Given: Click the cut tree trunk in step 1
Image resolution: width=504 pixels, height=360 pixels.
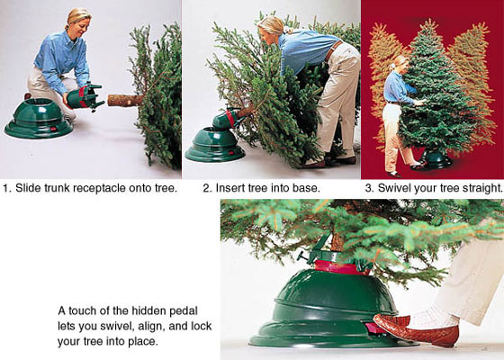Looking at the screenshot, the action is coord(125,100).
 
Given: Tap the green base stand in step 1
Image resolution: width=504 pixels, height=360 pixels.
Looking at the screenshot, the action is coord(39,118).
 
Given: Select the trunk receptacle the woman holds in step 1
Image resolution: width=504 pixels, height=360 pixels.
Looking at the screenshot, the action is coord(85,96).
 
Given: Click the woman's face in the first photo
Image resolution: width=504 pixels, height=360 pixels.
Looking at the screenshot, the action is coord(82,25).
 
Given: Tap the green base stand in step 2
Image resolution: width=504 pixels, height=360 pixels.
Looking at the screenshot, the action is coord(215,145).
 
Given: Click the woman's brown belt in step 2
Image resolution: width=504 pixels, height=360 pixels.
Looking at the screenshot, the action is coord(332,50).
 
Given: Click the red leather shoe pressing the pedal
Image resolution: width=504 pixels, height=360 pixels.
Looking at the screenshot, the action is coord(415,330).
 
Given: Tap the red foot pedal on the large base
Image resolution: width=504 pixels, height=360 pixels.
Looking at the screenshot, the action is coord(370,328).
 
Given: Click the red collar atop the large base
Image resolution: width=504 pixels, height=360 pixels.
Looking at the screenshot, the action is coord(341,268).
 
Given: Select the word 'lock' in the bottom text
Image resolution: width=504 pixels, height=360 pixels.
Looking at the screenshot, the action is coord(202,326).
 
